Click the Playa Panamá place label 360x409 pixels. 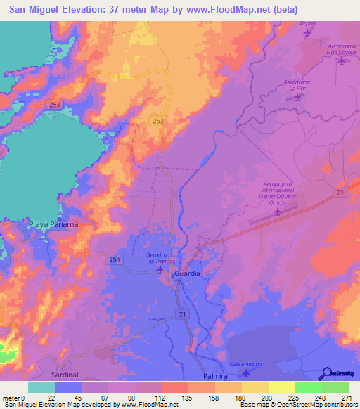[x=52, y=224]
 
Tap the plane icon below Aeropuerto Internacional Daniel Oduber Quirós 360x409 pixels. [x=278, y=210]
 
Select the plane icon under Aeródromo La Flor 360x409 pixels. [x=297, y=97]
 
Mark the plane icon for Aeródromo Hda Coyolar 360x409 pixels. [x=342, y=61]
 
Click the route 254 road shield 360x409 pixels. [x=115, y=260]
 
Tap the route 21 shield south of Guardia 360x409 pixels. [x=182, y=314]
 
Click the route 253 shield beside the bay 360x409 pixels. [x=54, y=103]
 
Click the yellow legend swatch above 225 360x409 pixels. [x=282, y=387]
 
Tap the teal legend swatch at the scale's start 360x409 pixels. [x=41, y=387]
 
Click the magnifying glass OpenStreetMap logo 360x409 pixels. [x=327, y=374]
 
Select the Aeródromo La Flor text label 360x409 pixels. [x=297, y=86]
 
